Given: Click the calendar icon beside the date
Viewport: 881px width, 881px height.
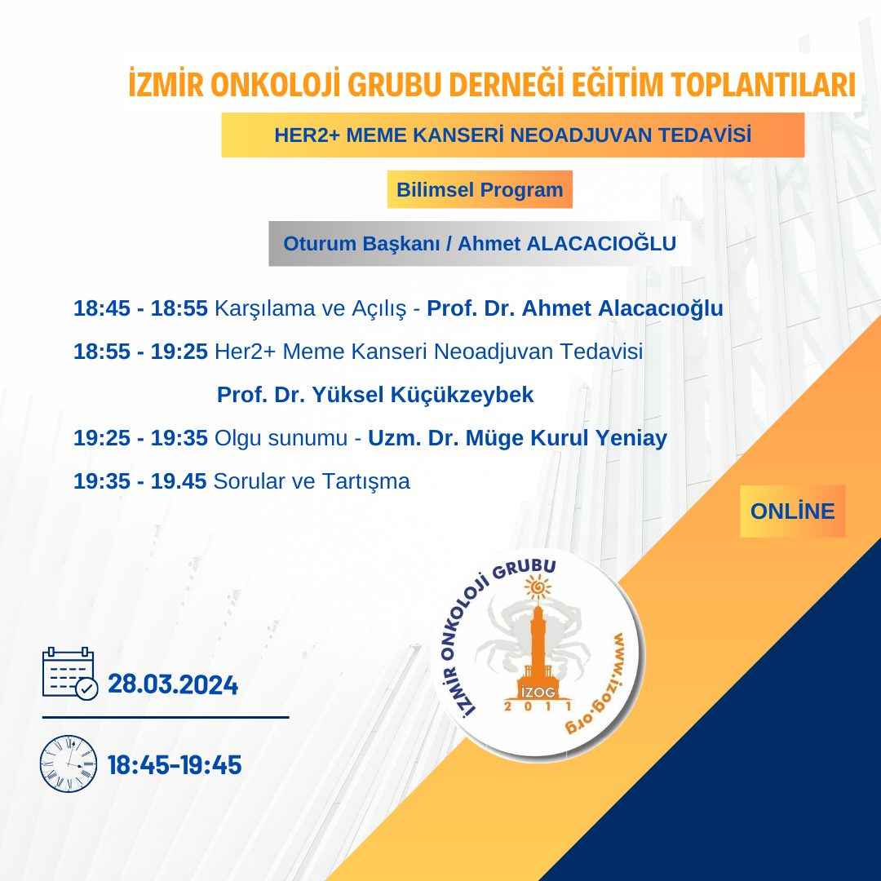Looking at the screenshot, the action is [69, 673].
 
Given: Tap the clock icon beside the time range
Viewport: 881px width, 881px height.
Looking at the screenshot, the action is [69, 764].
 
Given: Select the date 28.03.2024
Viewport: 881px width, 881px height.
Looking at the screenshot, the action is [173, 685].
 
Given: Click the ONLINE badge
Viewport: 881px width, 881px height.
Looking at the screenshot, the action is [792, 511].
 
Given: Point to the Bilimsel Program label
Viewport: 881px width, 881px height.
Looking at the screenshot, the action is [480, 190].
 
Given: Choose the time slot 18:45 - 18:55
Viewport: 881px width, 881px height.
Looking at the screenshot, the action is [140, 308].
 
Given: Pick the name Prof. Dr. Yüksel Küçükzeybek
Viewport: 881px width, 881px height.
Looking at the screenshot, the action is [375, 395].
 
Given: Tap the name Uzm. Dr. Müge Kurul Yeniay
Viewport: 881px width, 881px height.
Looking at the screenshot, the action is [517, 438].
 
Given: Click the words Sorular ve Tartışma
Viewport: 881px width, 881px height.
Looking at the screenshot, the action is [312, 481].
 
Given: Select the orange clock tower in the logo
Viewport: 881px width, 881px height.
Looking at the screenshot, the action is [538, 651].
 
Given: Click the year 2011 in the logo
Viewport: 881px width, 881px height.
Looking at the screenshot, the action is [538, 706].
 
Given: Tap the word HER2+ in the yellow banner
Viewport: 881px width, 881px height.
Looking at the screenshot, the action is [307, 135].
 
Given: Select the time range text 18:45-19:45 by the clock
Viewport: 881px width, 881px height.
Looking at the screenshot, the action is [175, 765].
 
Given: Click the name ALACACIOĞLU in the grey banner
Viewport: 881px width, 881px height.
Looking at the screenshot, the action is [600, 244].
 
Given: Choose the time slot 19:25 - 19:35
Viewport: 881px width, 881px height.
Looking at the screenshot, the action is [140, 438].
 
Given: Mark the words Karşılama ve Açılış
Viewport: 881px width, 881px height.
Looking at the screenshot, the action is [310, 309].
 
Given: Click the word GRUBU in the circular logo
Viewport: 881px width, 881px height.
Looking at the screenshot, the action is [526, 569].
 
